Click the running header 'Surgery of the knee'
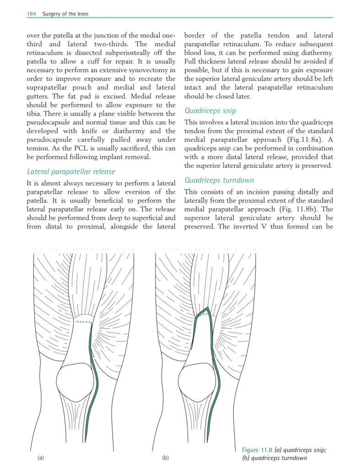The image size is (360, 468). pos(65,14)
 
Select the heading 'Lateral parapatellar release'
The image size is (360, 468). pos(71,171)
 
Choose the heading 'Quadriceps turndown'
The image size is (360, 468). pos(219,180)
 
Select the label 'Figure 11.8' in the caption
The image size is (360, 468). pos(258,450)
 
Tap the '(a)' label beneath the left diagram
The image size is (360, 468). pos(41,457)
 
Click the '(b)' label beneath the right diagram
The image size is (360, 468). pos(166,457)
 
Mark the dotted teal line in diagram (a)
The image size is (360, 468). pos(83,322)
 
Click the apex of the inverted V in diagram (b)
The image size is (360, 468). pos(207,308)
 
